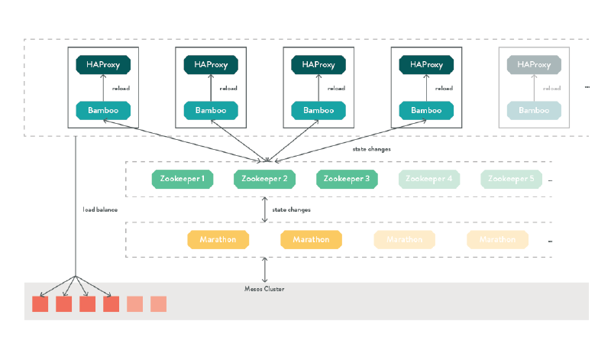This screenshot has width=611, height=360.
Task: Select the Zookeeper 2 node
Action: (x=264, y=179)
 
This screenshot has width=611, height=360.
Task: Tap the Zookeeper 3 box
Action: (x=347, y=179)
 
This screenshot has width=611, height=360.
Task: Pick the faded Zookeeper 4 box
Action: (x=428, y=179)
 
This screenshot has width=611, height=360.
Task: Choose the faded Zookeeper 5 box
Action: (x=511, y=179)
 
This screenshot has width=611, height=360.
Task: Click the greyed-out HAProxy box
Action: (x=534, y=65)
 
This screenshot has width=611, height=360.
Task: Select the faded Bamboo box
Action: (x=534, y=111)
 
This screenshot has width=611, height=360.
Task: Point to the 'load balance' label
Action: (x=100, y=209)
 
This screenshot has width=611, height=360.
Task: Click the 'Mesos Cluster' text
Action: (x=264, y=288)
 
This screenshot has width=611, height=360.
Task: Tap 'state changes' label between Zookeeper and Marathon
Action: (x=291, y=209)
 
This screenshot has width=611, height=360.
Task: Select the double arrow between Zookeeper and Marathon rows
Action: (x=264, y=209)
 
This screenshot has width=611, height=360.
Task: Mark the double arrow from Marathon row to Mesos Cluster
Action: (x=264, y=270)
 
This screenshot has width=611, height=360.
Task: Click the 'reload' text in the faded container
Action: (x=552, y=88)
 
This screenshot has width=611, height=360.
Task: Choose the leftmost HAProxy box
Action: (x=103, y=65)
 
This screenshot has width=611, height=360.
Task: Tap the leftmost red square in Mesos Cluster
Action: (x=40, y=304)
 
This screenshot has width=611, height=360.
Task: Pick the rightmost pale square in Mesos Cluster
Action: (x=158, y=304)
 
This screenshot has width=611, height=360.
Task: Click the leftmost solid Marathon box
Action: (x=218, y=240)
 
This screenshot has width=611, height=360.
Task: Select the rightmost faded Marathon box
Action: (x=497, y=240)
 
